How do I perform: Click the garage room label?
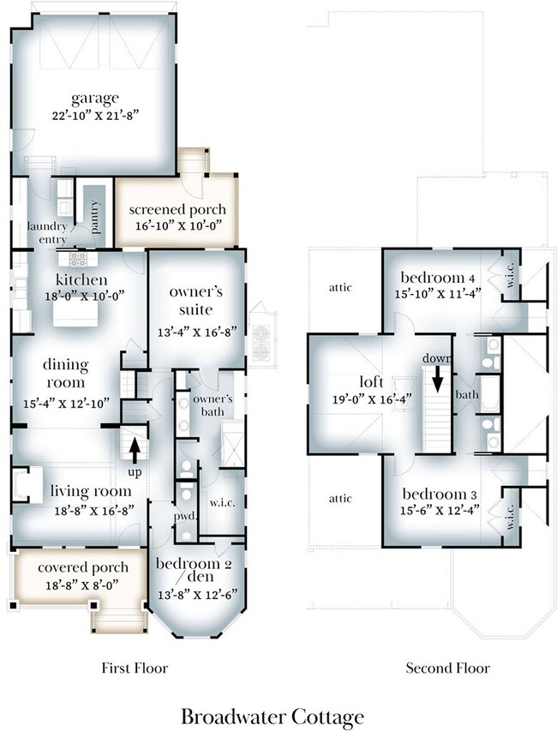point(95,99)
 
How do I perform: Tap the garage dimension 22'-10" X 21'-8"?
point(96,115)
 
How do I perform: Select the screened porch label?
point(177,210)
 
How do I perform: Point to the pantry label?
point(95,216)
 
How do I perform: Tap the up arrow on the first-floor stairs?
point(135,452)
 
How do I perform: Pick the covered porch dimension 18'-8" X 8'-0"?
point(82,585)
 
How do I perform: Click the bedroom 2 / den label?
point(194,570)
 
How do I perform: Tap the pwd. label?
point(185,517)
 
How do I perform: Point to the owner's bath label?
point(213,405)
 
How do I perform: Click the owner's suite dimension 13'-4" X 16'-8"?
point(197,332)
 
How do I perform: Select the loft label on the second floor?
point(372,381)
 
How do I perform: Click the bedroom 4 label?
point(438,278)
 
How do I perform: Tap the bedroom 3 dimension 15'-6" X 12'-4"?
point(440,510)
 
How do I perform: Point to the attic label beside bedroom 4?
point(340,287)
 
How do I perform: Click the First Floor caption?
point(135,668)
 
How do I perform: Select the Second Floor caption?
point(447,668)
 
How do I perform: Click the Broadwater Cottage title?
point(273,716)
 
